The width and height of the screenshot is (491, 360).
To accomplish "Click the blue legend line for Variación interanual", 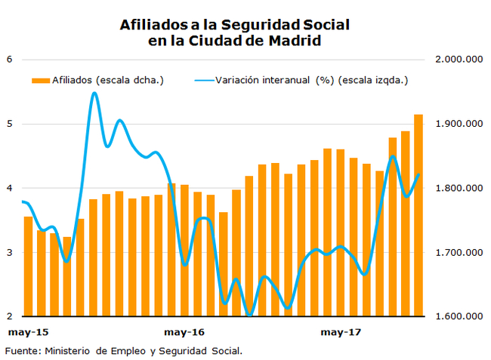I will [203, 79].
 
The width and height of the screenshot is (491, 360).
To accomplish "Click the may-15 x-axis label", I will [28, 332].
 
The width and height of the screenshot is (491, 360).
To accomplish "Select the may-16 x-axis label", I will [184, 332].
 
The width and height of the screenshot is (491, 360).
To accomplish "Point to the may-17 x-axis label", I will [340, 332].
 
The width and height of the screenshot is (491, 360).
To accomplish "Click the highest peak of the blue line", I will [94, 94].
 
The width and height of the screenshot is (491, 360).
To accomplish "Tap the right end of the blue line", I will [418, 175].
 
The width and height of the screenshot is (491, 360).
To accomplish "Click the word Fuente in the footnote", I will [21, 350].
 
